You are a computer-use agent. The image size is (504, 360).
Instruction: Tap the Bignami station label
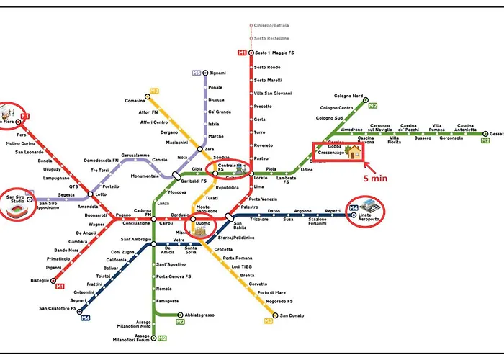217,73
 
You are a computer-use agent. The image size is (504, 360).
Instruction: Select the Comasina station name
135,101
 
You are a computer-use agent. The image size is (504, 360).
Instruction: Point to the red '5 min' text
377,178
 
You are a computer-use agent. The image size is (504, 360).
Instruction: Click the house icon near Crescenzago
352,151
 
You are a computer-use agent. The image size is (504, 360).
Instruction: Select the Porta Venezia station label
264,199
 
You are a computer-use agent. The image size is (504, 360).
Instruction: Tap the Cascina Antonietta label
466,129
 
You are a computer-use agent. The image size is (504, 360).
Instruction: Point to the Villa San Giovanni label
273,93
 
